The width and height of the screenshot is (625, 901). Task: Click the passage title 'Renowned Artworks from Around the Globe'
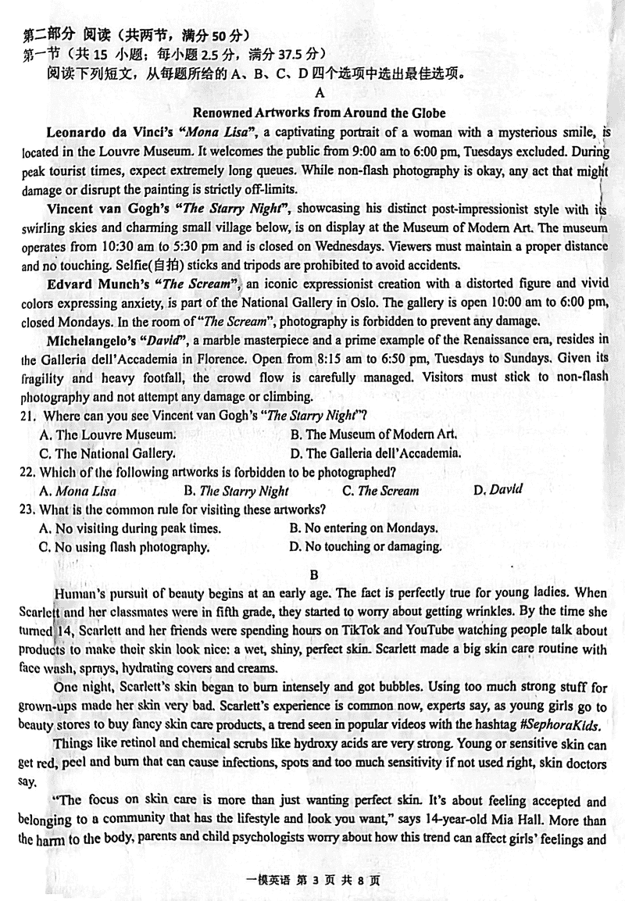(x=319, y=112)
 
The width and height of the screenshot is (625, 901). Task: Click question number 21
(x=29, y=416)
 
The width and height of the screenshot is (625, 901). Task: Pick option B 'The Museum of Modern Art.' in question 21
(x=373, y=434)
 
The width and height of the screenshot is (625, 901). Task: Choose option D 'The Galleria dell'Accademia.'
(x=375, y=453)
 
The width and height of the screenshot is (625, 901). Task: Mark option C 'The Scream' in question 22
(x=380, y=492)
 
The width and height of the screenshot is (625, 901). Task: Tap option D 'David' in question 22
(x=498, y=490)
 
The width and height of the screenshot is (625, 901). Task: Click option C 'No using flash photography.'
(x=124, y=547)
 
